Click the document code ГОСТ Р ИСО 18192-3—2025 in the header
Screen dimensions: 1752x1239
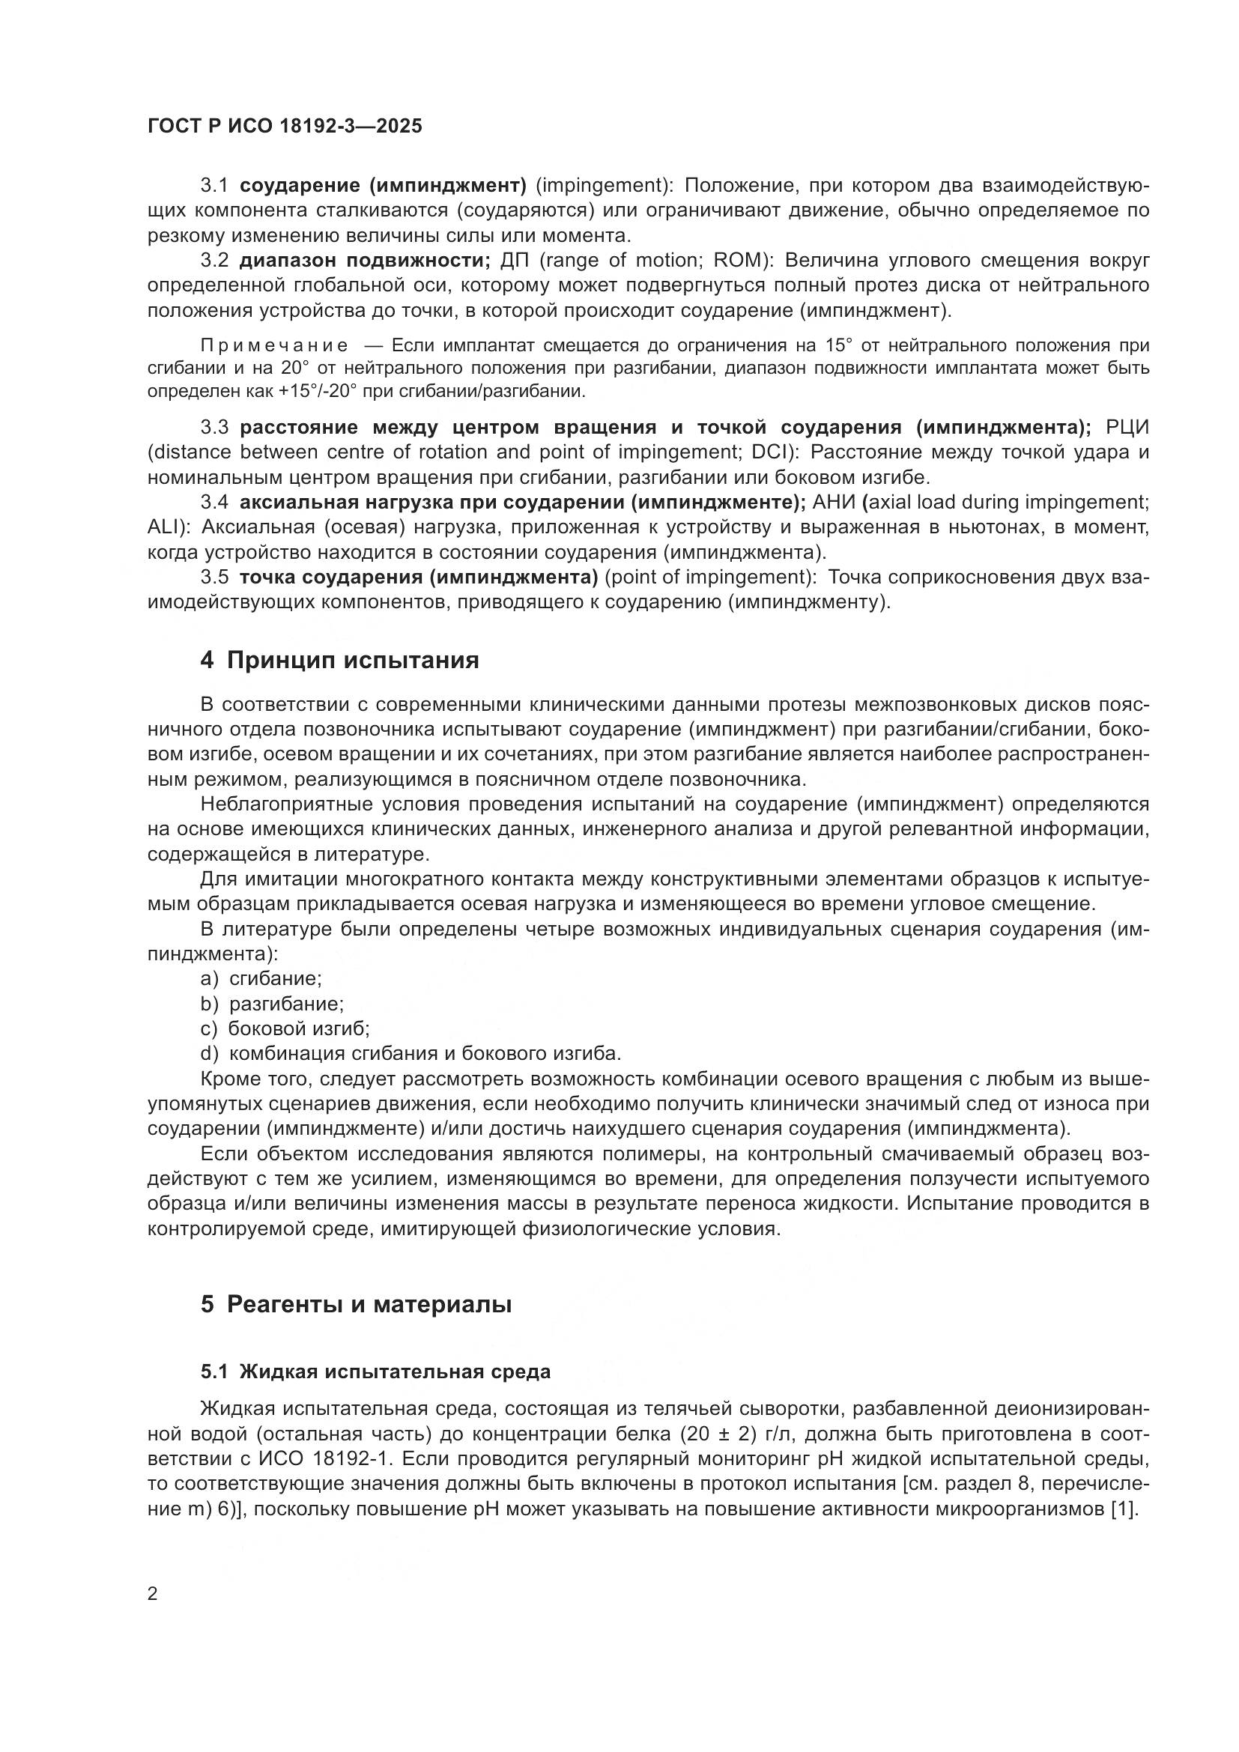[x=285, y=126]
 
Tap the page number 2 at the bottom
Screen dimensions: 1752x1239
[x=153, y=1593]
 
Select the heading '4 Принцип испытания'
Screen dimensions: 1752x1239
[x=339, y=659]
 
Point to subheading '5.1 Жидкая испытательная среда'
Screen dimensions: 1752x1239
[x=375, y=1371]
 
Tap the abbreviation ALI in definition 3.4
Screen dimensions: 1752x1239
[x=163, y=527]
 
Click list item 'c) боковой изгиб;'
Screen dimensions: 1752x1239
[x=285, y=1028]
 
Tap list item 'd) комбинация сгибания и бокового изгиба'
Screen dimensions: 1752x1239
[x=411, y=1054]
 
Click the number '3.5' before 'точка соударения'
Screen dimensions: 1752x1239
[x=214, y=578]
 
